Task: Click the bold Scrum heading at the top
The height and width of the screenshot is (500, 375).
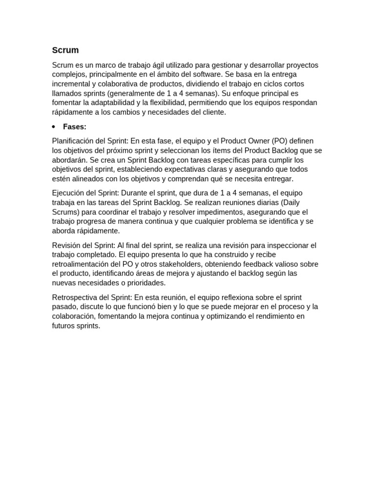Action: [65, 50]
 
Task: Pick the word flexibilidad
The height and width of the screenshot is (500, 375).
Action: [165, 103]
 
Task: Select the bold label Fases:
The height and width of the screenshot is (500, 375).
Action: [75, 127]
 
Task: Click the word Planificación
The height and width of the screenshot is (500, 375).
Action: [74, 141]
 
